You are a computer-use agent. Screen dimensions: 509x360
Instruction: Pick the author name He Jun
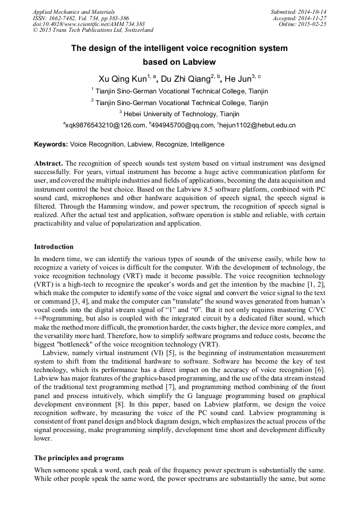click(x=237, y=79)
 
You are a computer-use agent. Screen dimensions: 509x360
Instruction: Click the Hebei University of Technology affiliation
click(x=182, y=114)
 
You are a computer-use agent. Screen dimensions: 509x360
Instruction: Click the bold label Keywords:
click(x=51, y=144)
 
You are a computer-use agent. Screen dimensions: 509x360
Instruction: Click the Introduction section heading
click(x=54, y=247)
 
